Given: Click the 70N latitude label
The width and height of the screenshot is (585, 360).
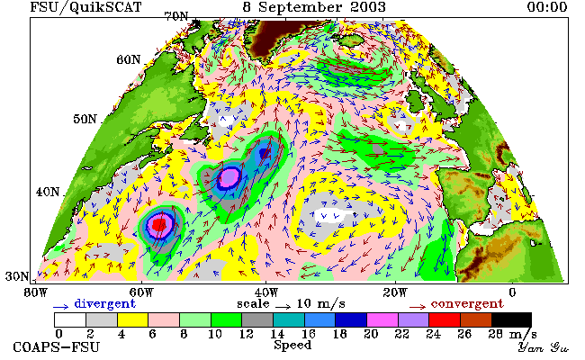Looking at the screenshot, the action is tap(176, 16).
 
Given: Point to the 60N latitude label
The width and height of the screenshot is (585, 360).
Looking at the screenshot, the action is tap(129, 59).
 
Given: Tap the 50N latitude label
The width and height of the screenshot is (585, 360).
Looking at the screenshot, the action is tap(85, 120).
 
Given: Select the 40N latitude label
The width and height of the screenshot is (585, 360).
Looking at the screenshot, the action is tap(48, 192).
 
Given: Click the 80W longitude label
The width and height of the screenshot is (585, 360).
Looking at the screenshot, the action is tap(36, 292).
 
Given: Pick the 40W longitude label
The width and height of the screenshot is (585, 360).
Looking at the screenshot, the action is tap(266, 292).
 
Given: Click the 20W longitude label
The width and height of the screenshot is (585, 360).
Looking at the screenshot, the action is tap(395, 292).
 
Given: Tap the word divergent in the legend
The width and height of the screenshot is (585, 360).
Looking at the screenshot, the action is tap(105, 304).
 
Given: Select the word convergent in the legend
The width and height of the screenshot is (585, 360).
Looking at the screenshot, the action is tap(467, 304).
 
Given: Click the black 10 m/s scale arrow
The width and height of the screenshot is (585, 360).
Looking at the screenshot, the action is tap(283, 307).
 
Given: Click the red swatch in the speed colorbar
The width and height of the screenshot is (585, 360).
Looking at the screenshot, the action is tap(445, 320).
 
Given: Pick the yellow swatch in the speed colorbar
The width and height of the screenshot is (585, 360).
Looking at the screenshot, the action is tap(133, 320).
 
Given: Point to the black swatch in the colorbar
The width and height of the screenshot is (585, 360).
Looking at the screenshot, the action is tap(511, 320).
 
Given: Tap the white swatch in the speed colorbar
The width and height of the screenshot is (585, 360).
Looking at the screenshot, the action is tap(70, 320).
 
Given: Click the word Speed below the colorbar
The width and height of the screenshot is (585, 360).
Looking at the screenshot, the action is tap(292, 346).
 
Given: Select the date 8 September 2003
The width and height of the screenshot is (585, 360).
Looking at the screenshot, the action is tap(314, 7).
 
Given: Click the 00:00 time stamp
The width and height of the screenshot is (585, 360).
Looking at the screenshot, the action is tap(547, 7).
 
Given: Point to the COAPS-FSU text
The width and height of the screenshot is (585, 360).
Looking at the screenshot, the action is tap(57, 347).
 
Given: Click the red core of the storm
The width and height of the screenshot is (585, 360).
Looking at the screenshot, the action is tap(159, 225).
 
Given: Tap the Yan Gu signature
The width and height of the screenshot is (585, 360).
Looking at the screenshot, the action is tap(544, 347).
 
